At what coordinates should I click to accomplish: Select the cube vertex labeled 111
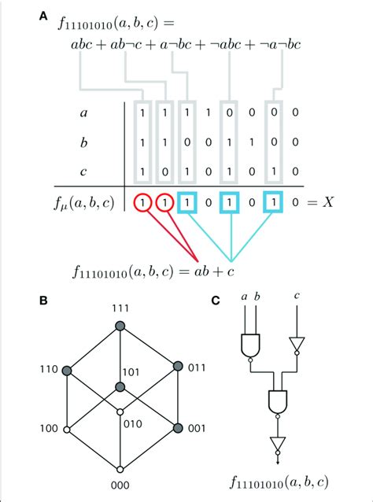pos(120,325)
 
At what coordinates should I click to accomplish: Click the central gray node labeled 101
pos(120,386)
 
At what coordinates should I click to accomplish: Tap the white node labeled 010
pos(120,411)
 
